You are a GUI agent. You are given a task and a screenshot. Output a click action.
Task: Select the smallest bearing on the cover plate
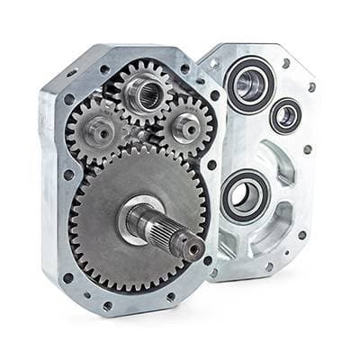(285, 114)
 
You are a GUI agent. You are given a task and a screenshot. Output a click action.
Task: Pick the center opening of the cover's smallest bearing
(285, 114)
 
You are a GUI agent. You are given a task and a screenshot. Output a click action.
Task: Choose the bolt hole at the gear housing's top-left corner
(71, 73)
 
